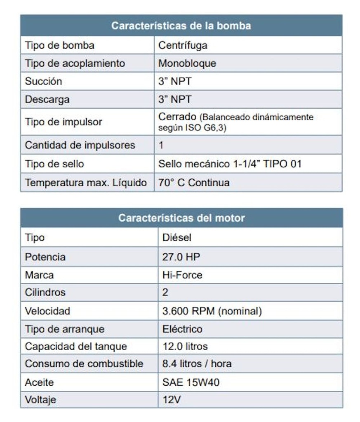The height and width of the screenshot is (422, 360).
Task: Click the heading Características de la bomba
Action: tap(181, 26)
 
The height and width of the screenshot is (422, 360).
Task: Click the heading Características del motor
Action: tap(181, 218)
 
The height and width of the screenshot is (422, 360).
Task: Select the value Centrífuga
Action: tap(183, 45)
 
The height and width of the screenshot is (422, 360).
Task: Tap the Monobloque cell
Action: tap(187, 63)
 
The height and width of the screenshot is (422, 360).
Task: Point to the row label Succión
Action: tap(43, 81)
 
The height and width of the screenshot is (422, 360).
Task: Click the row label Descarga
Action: tap(47, 99)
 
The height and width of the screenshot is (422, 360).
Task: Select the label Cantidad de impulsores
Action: tap(80, 145)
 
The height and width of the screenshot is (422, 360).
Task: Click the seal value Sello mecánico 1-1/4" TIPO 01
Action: tap(230, 164)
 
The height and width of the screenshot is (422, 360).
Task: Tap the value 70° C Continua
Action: tap(194, 182)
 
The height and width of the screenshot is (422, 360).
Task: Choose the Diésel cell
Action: tap(177, 238)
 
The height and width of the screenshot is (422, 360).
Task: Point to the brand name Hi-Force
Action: tap(182, 275)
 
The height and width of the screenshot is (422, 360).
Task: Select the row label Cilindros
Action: tap(45, 293)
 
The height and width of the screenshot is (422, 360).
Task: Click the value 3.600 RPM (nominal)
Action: tap(212, 311)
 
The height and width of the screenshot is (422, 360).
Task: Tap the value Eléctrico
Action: tap(182, 329)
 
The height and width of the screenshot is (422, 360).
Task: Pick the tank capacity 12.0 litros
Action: tap(185, 346)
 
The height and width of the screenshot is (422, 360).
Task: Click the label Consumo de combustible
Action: tap(84, 364)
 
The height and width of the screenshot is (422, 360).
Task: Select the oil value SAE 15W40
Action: tap(191, 382)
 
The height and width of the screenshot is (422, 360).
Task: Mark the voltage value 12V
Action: tap(172, 400)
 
